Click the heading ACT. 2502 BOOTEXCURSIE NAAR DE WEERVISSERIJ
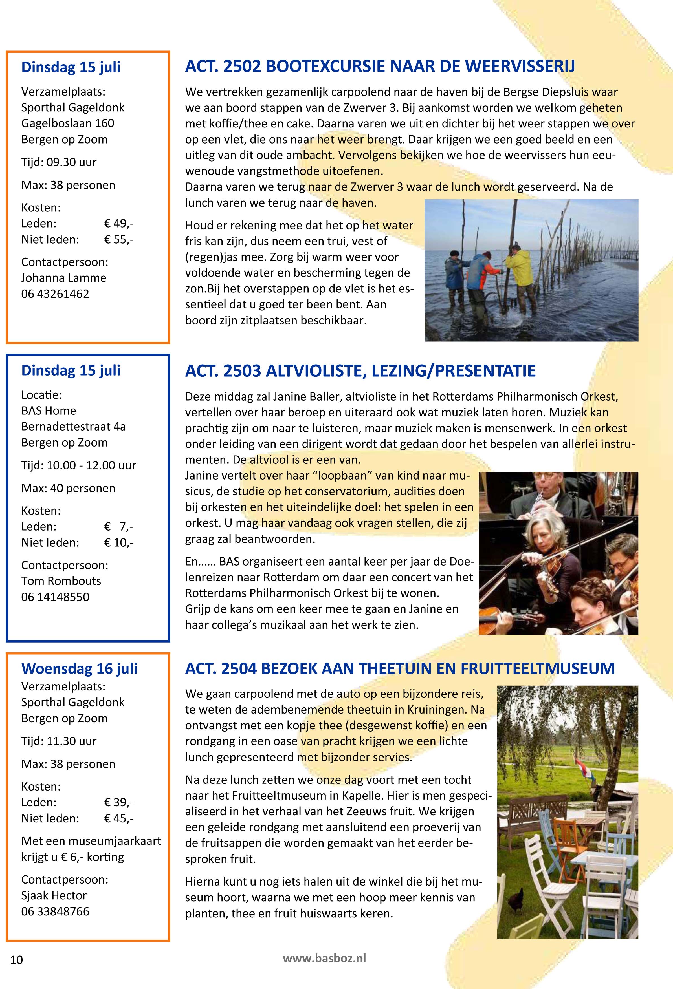coord(380,67)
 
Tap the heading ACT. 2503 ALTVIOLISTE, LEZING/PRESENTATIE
coord(360,371)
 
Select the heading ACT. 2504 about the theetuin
coord(400,668)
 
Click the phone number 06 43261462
coord(55,294)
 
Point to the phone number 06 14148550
coord(55,597)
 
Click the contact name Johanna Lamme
coord(64,278)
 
